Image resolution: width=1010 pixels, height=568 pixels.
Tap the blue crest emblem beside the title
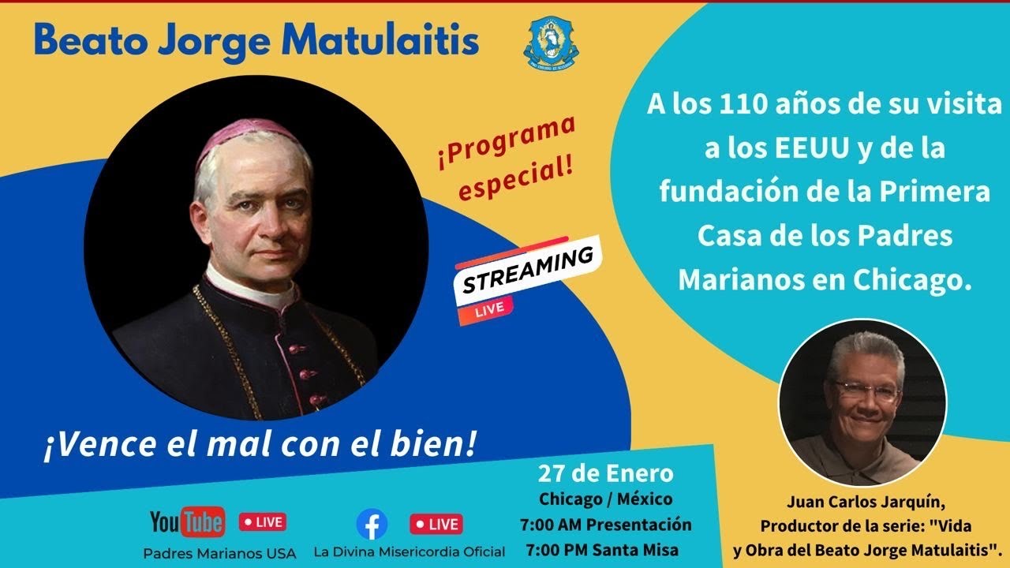click(x=552, y=44)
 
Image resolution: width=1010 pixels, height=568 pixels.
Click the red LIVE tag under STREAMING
click(x=490, y=310)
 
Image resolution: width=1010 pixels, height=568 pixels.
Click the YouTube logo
click(x=187, y=521)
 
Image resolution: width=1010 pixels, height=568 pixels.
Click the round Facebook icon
click(x=372, y=524)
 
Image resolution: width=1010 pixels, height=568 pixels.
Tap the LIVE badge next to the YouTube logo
click(x=263, y=522)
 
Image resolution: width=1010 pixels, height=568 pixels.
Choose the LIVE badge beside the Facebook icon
click(x=435, y=524)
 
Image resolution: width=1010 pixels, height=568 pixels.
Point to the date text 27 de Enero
click(x=606, y=473)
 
